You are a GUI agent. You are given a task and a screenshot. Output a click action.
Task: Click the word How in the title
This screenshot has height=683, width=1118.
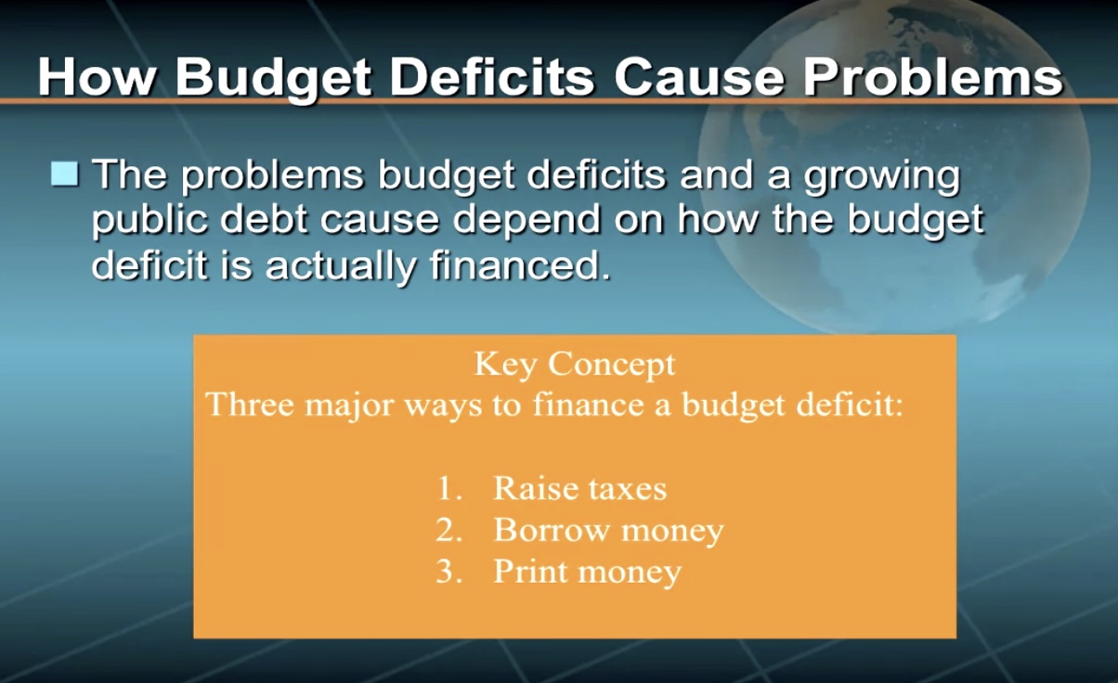[96, 77]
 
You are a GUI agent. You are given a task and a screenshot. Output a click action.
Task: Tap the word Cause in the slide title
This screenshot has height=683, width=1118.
[698, 77]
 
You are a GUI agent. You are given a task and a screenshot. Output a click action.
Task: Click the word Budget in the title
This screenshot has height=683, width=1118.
[274, 80]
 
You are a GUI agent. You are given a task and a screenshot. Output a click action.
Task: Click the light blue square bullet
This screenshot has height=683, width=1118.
[64, 174]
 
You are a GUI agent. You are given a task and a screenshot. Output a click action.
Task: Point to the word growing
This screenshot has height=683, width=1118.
[881, 178]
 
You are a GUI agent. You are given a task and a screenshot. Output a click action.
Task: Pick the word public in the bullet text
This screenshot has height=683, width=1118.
[149, 222]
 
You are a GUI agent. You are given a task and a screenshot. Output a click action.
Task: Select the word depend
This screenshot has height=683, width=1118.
[526, 222]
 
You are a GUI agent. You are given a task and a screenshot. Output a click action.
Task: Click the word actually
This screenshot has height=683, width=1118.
[340, 268]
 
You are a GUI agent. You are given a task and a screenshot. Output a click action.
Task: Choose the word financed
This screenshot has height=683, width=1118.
[520, 264]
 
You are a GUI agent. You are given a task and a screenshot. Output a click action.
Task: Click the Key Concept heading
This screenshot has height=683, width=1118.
[575, 365]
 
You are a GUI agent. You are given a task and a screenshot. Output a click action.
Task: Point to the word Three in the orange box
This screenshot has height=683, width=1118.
[250, 404]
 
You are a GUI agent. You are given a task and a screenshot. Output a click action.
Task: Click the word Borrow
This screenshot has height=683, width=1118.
[552, 530]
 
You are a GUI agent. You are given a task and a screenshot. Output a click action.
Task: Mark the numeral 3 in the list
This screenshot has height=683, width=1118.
[448, 572]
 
